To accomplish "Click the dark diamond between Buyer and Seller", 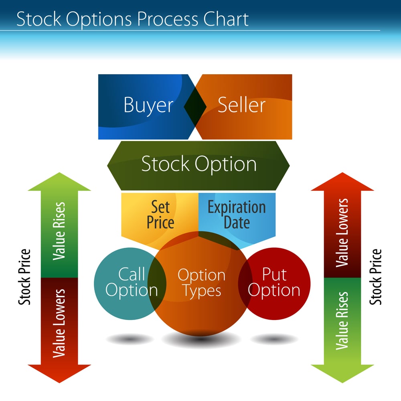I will [x=195, y=106].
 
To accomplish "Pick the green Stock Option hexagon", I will [x=198, y=165].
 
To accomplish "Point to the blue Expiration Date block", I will [x=237, y=215].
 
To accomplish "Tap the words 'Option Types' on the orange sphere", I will [x=201, y=283].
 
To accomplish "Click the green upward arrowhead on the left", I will [x=59, y=182].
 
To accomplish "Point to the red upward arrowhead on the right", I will [x=342, y=182].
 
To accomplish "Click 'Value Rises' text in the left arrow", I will [x=59, y=231].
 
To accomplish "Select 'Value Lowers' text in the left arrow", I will [x=59, y=323].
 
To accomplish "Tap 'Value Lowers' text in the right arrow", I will [x=342, y=233].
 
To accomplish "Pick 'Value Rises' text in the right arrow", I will [x=342, y=321].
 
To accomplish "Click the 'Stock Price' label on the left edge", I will [x=25, y=277].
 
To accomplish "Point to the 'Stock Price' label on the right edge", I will [x=376, y=277].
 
